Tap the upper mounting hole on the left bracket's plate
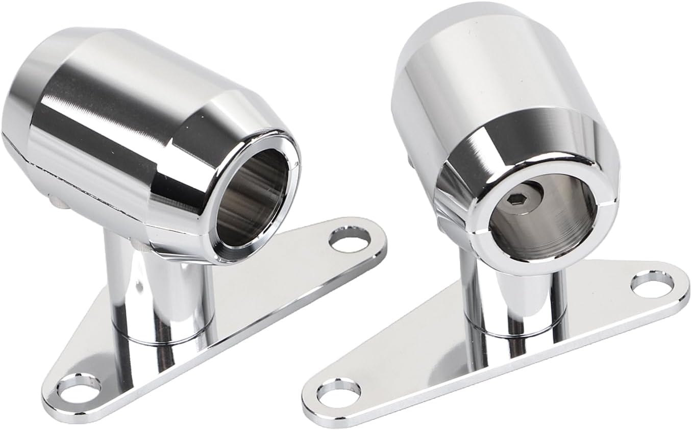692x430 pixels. point(350,239)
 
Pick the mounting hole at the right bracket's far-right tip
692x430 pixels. point(652,284)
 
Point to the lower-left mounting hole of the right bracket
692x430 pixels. point(338,393)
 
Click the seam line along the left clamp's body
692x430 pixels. point(77,173)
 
